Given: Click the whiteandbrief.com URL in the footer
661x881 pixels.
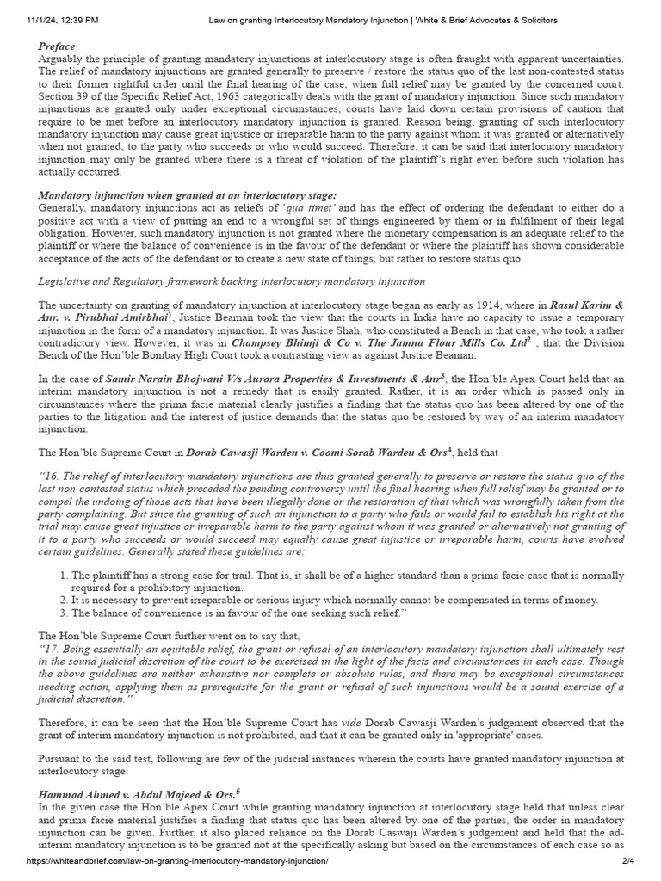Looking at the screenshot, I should [x=177, y=861].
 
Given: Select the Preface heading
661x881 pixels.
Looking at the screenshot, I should [x=57, y=46].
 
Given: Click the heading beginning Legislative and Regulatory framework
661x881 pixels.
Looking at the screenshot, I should [x=232, y=281].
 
